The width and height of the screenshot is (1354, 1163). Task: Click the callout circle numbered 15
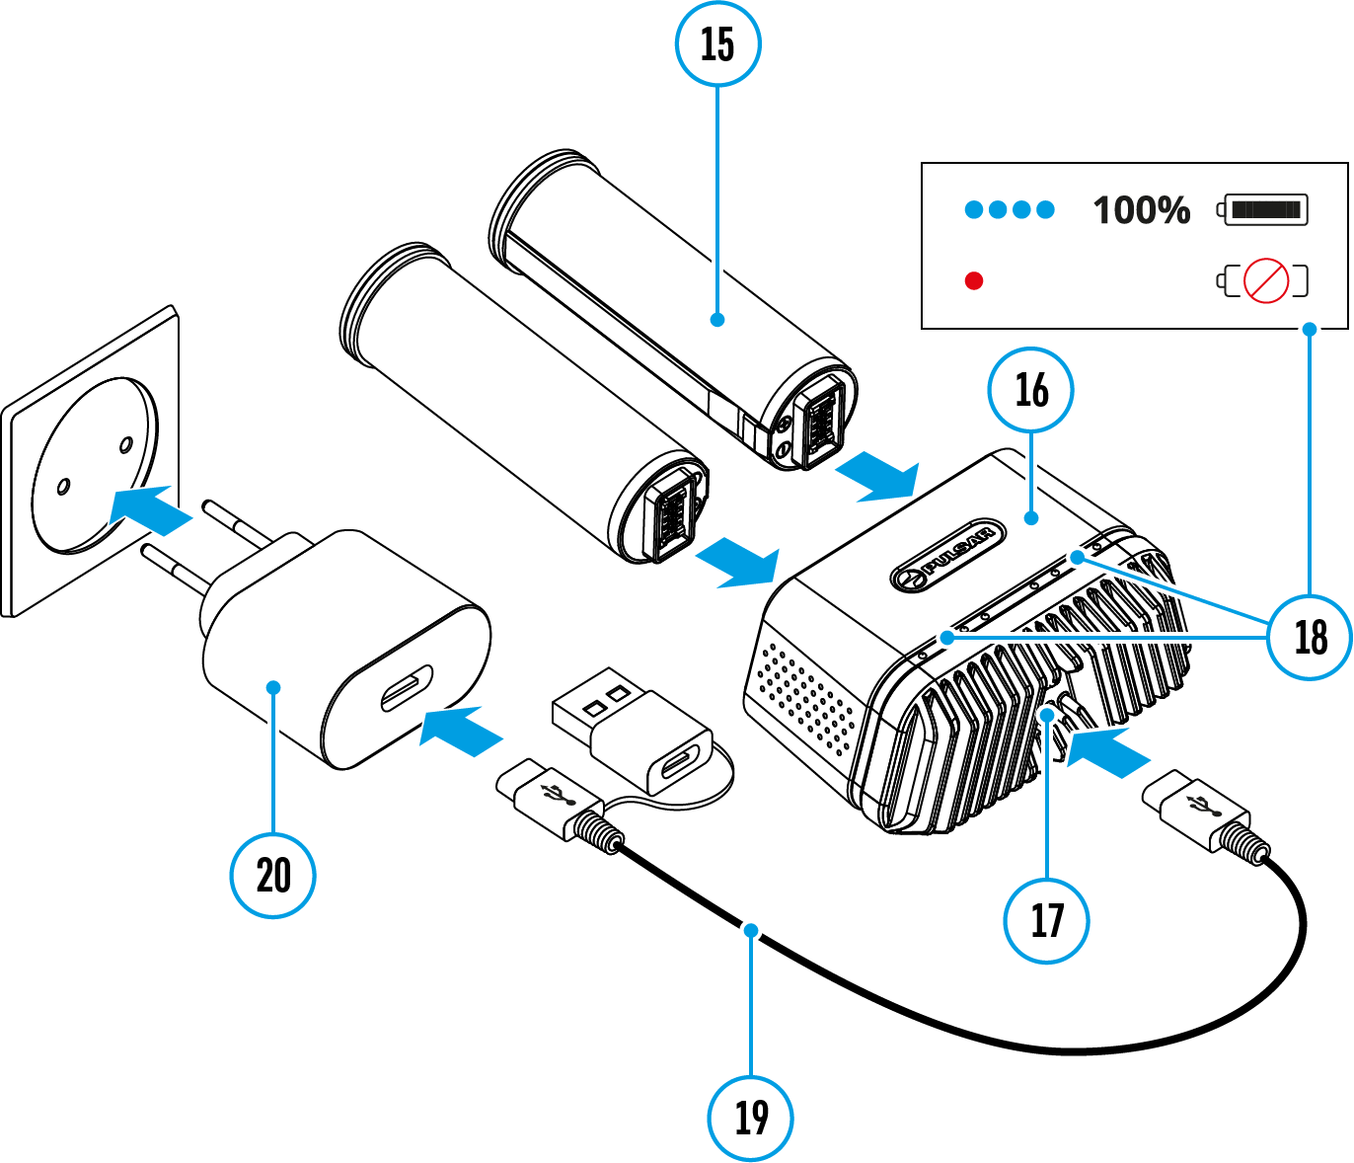(717, 43)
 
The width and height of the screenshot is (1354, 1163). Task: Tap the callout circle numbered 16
(1031, 390)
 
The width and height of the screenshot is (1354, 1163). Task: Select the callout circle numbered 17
(1046, 920)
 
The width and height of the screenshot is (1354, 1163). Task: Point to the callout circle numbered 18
(1311, 637)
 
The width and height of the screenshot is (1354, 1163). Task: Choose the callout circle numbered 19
(751, 1117)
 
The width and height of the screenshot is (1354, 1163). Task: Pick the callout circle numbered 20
(273, 875)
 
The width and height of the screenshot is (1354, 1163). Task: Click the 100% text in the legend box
(1141, 210)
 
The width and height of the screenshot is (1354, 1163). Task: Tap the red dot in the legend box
(974, 281)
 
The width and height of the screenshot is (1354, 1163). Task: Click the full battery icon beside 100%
(1263, 209)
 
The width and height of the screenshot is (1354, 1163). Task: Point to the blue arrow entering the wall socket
(149, 508)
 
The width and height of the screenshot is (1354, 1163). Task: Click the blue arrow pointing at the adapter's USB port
(460, 731)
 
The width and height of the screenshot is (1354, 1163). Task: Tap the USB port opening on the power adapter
(407, 688)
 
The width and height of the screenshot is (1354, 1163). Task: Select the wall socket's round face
(95, 464)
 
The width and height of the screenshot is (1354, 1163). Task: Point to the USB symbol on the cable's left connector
(554, 793)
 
